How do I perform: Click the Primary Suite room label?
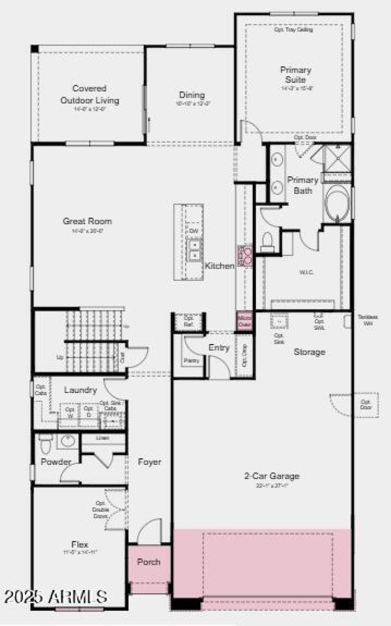(295, 75)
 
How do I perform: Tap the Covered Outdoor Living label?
(89, 94)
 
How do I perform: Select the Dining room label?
(192, 95)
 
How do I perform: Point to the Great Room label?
(87, 221)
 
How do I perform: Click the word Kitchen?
(219, 266)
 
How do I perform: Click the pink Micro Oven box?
(244, 321)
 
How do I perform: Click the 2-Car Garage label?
(272, 475)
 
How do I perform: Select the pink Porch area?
(149, 562)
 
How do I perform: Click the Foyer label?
(150, 462)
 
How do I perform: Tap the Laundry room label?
(80, 390)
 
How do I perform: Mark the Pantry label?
(190, 361)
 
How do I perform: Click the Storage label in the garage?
(309, 352)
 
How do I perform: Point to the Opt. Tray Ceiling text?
(293, 30)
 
